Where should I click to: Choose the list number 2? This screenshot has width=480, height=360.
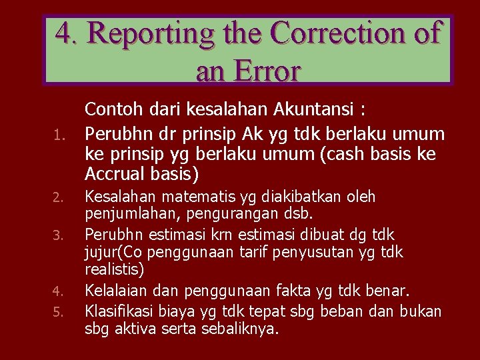tap(58, 198)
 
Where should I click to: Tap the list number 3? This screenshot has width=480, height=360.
tap(58, 236)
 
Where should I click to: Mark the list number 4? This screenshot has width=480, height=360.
tap(58, 291)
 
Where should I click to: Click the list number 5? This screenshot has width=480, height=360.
tap(58, 311)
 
